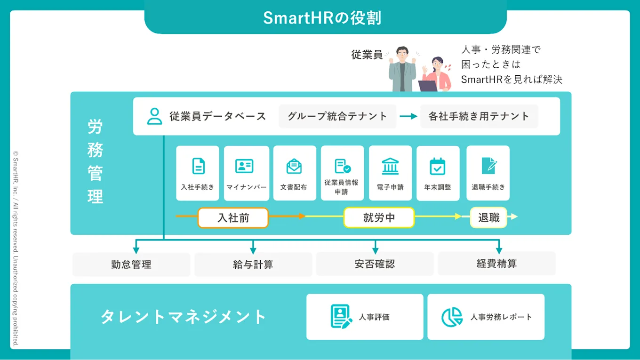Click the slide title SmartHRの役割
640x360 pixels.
(x=322, y=18)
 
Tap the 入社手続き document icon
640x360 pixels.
(x=198, y=166)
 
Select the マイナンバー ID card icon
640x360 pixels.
(x=244, y=166)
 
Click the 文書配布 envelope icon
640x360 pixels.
(x=294, y=166)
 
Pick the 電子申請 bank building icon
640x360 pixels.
(x=390, y=166)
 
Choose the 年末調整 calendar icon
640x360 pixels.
(x=438, y=167)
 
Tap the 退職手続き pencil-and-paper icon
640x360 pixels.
(x=488, y=166)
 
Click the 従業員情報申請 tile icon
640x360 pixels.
(x=343, y=166)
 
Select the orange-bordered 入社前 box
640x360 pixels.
(x=233, y=218)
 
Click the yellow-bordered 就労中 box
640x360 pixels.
(x=379, y=218)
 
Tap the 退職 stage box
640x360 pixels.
(x=488, y=217)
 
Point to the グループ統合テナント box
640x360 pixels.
(x=337, y=116)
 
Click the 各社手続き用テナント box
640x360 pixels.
(x=479, y=116)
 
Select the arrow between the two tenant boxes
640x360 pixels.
(x=408, y=116)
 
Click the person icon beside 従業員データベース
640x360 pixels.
(x=154, y=116)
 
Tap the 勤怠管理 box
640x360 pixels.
(x=131, y=264)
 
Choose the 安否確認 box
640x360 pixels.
(x=375, y=264)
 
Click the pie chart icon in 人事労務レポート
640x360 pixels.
(x=452, y=317)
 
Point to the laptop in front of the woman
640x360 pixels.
(x=428, y=86)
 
